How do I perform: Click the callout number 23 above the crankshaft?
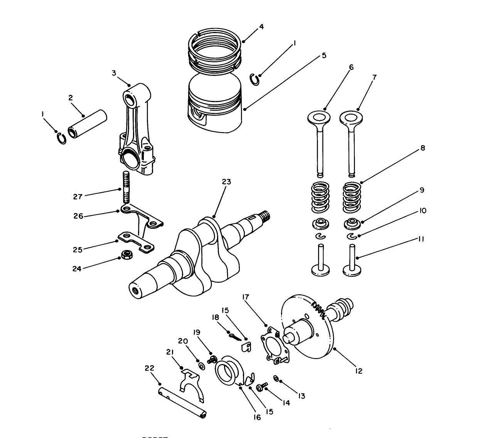[x=226, y=182]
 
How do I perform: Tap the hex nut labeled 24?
[x=126, y=255]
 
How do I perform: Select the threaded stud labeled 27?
[x=125, y=189]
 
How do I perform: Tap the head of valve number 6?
[x=320, y=117]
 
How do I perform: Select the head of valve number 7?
[x=352, y=117]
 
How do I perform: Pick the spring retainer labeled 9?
[x=351, y=223]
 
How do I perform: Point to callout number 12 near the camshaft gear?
[x=359, y=371]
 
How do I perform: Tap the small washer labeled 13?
[x=276, y=378]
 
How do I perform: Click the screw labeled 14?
[x=261, y=386]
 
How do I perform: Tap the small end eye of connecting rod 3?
[x=131, y=97]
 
